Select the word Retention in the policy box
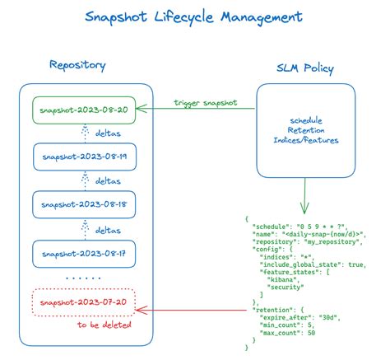tap(306, 129)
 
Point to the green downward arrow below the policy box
tap(305, 193)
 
